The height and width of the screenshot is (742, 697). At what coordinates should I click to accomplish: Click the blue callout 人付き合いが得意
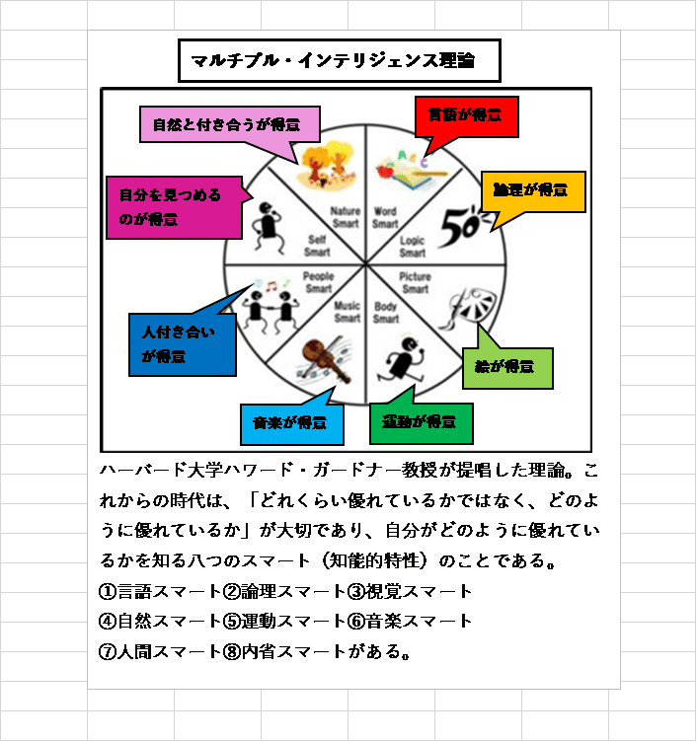pos(183,344)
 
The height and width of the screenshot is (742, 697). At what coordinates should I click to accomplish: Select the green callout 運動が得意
pos(421,422)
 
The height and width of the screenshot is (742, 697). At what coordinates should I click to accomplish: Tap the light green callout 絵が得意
pos(506,366)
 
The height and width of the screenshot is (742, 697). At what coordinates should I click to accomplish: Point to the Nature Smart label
pos(346,217)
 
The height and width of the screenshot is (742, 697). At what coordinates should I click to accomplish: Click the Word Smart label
pos(385,217)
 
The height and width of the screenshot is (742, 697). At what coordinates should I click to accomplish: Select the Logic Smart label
pos(412,247)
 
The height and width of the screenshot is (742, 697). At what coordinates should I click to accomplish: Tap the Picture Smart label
pos(416,283)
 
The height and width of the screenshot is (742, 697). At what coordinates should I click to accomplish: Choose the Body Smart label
pos(386,313)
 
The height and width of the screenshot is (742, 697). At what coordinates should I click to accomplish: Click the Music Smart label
pos(347,312)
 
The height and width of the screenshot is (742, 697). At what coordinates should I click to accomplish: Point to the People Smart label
pos(318,282)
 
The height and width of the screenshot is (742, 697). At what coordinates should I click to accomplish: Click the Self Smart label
pos(317,246)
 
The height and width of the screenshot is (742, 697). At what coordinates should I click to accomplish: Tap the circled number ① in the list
pos(109,592)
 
